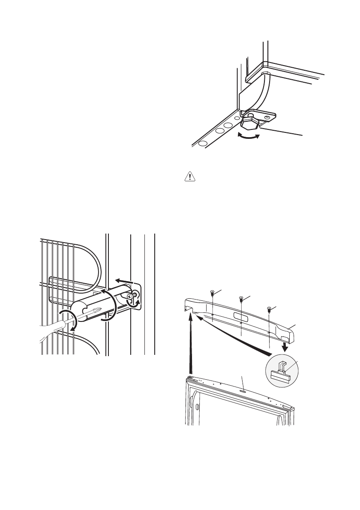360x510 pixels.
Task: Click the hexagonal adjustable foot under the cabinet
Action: tap(249, 126)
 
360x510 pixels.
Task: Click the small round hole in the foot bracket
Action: tap(267, 117)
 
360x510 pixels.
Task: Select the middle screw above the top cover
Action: tap(241, 298)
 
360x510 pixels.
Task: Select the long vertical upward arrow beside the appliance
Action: tap(190, 343)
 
